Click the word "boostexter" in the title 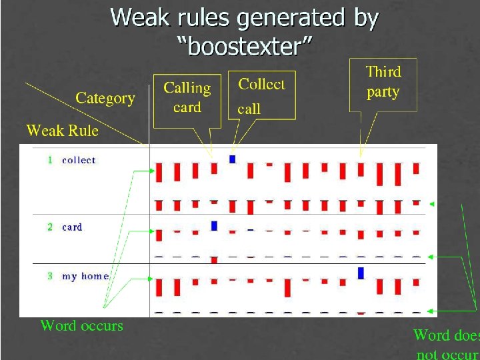tap(245, 47)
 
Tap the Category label tap(105, 99)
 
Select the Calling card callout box tap(187, 97)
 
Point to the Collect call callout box tap(261, 96)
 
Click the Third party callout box tap(383, 82)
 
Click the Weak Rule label tap(62, 131)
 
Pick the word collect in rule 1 tap(79, 160)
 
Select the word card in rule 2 tap(72, 227)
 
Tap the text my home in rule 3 tap(85, 276)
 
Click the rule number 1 tap(50, 160)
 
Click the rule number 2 tap(50, 227)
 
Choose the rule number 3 tap(50, 276)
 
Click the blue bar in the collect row tap(232, 159)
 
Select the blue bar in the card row tap(214, 226)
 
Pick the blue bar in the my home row tap(361, 273)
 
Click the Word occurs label tap(81, 326)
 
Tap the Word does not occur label tap(446, 344)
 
